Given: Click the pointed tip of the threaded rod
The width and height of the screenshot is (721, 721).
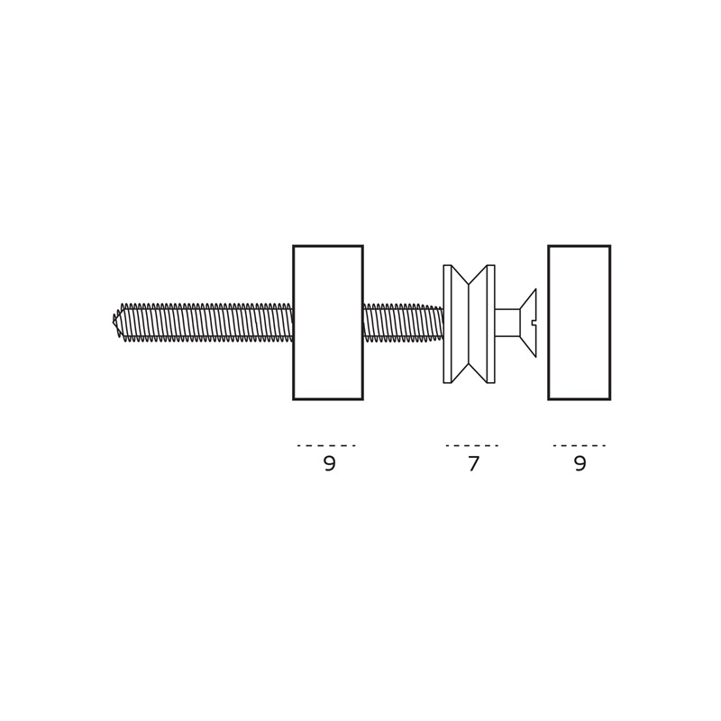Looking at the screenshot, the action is point(114,322).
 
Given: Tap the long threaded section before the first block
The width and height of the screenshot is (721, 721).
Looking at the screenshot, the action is point(207,323).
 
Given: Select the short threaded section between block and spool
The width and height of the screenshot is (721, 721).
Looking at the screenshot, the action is point(403,323).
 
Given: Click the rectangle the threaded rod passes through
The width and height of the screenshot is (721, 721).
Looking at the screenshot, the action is point(328,323).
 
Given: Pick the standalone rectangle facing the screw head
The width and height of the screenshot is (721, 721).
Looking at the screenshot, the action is point(580,323).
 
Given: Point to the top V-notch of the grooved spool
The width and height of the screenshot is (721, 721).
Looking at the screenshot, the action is point(468,284).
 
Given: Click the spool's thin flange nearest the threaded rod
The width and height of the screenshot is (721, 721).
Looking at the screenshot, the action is point(447,324).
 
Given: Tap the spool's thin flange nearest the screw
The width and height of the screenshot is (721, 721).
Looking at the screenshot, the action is point(490,324).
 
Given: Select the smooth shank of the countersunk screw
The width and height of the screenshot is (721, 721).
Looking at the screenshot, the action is point(507,323).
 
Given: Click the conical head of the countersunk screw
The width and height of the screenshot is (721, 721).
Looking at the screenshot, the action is point(528,323).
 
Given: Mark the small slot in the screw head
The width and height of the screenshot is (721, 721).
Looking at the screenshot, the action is point(534,323).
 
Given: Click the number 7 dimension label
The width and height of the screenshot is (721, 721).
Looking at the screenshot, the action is point(474,463).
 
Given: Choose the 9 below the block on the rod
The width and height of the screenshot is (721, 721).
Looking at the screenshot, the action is point(330,463).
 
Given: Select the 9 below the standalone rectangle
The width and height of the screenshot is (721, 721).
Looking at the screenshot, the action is point(580,463).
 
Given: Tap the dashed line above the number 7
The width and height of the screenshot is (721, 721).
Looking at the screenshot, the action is point(472,445).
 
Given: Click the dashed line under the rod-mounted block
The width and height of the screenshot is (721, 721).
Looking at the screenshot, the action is point(326,445).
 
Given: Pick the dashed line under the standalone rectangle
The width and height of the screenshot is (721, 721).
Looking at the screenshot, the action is point(580,445).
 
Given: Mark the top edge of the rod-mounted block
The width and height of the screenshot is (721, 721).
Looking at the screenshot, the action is point(328,246).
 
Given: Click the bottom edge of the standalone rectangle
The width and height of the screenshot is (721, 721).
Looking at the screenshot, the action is point(580,399).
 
